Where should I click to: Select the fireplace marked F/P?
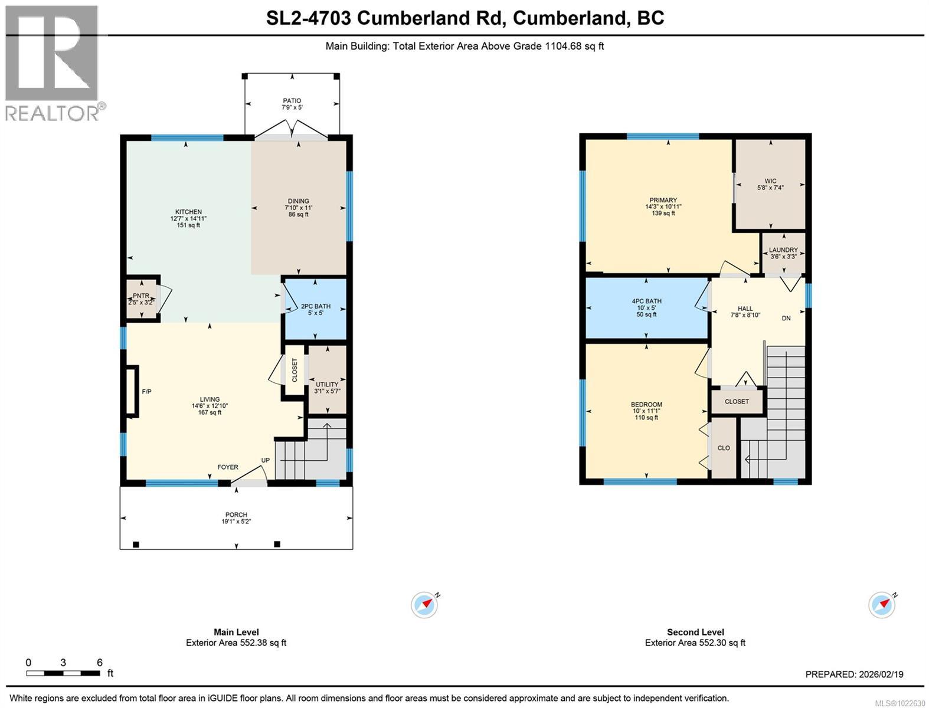pyautogui.click(x=132, y=392)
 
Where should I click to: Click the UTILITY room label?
pyautogui.click(x=327, y=385)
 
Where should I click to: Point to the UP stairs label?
pyautogui.click(x=266, y=460)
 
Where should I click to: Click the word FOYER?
pyautogui.click(x=228, y=467)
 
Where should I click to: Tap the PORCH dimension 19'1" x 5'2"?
pyautogui.click(x=236, y=522)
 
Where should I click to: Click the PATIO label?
pyautogui.click(x=292, y=101)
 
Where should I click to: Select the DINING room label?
pyautogui.click(x=299, y=201)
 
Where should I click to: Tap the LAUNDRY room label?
pyautogui.click(x=783, y=250)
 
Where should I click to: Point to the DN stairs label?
pyautogui.click(x=786, y=319)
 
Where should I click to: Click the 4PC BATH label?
pyautogui.click(x=646, y=301)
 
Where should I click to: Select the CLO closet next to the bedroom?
pyautogui.click(x=724, y=448)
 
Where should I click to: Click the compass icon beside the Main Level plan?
pyautogui.click(x=424, y=605)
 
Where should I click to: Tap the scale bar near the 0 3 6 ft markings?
pyautogui.click(x=63, y=673)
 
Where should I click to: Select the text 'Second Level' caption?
pyautogui.click(x=695, y=632)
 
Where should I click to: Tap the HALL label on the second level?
pyautogui.click(x=745, y=309)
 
